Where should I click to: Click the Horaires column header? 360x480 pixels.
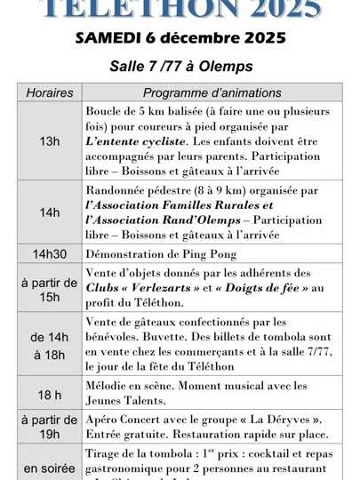50,92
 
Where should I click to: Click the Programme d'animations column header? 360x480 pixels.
212,92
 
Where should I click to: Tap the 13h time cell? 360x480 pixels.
50,141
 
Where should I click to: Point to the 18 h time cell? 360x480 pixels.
50,394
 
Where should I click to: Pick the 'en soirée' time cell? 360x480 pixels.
50,468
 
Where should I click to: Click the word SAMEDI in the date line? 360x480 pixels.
107,37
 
